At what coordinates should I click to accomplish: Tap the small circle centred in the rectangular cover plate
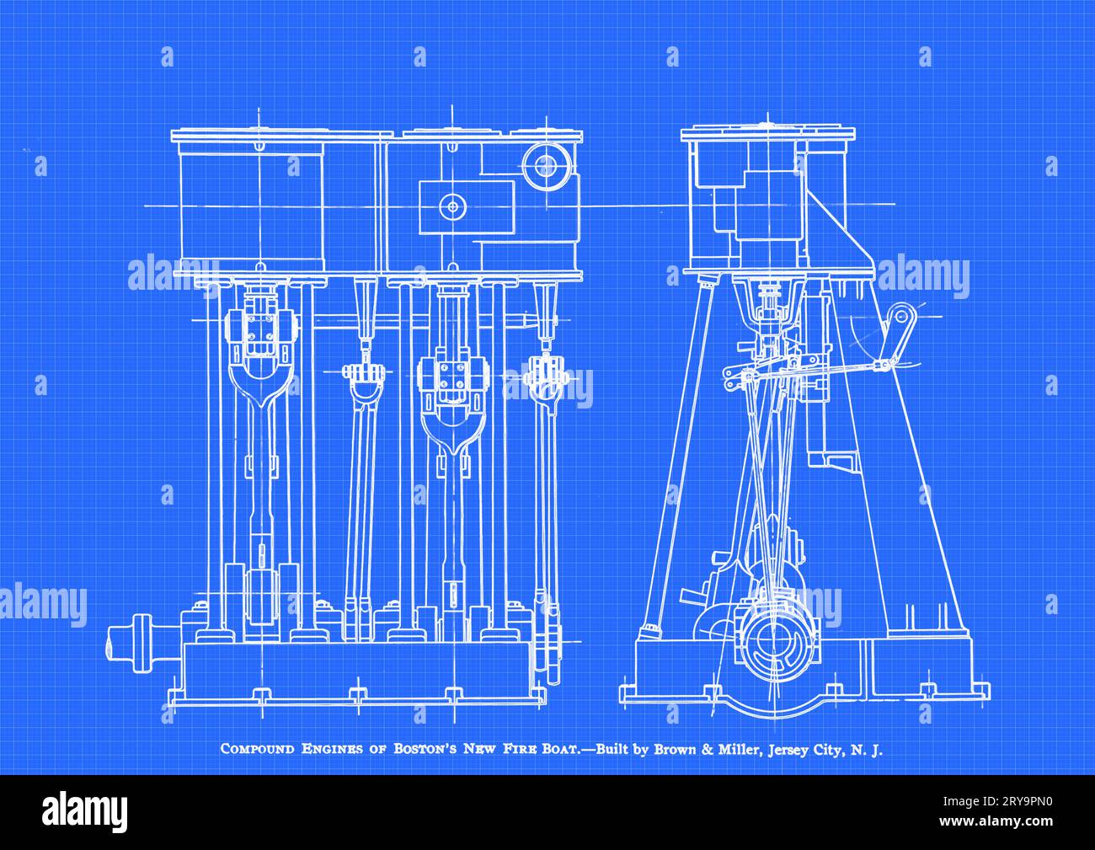click(x=454, y=206)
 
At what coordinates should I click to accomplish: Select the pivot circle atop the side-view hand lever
click(x=900, y=316)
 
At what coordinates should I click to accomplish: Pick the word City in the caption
click(x=827, y=749)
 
